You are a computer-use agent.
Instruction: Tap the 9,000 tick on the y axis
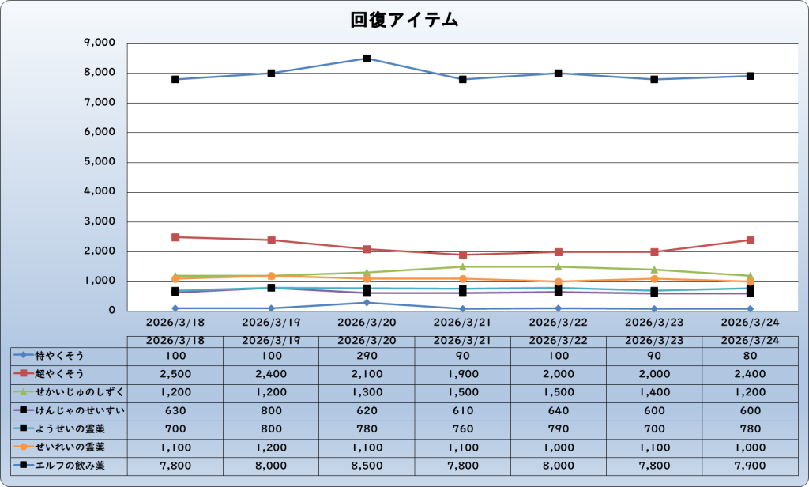[99, 43]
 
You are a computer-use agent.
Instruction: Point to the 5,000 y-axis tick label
[99, 162]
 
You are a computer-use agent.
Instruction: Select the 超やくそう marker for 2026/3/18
[175, 237]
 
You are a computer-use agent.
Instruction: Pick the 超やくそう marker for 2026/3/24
[750, 240]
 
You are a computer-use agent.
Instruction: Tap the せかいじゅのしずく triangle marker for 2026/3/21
[462, 266]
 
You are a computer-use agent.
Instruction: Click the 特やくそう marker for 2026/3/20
[367, 303]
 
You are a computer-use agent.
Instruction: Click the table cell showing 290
[367, 356]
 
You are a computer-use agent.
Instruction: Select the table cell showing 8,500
[367, 466]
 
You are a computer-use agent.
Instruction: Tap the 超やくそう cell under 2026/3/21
[462, 374]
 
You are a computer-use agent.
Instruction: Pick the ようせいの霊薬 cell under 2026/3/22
[558, 429]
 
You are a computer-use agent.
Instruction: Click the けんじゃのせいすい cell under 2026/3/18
[175, 410]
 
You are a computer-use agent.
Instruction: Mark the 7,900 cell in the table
[750, 466]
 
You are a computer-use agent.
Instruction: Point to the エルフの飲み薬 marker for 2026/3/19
[271, 74]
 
